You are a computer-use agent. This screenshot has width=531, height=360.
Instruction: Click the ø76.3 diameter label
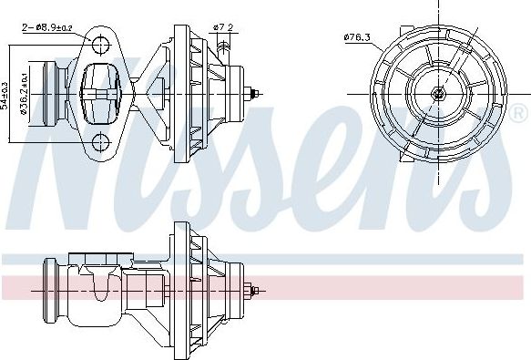click(x=358, y=36)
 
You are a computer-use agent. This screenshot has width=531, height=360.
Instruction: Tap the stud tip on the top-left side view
click(x=260, y=89)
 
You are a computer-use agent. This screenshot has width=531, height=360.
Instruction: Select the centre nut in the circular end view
click(x=438, y=92)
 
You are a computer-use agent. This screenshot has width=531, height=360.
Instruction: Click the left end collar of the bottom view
click(x=51, y=290)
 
